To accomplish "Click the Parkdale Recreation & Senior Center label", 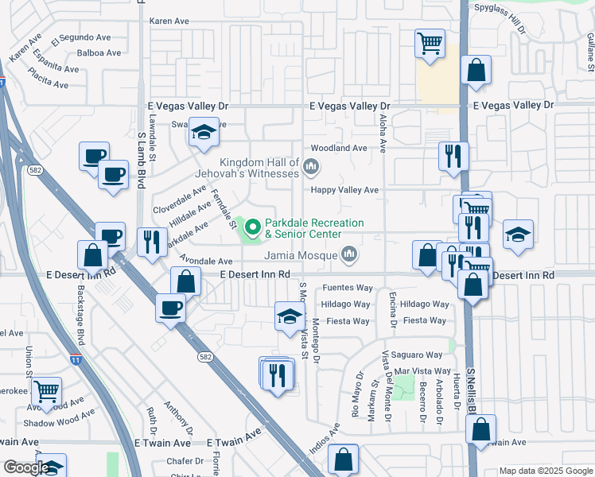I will pyautogui.click(x=313, y=229).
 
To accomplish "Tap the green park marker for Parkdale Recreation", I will pyautogui.click(x=254, y=229).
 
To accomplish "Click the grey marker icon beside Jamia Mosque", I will pyautogui.click(x=348, y=254).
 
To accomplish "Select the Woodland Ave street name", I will pyautogui.click(x=339, y=148).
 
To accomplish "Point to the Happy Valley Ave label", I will pyautogui.click(x=344, y=190).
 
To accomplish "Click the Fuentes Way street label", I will pyautogui.click(x=348, y=288).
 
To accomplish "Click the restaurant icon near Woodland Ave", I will pyautogui.click(x=453, y=154).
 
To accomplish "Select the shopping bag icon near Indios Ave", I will pyautogui.click(x=343, y=459).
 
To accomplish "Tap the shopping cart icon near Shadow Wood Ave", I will pyautogui.click(x=46, y=390).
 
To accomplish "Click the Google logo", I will pyautogui.click(x=25, y=467).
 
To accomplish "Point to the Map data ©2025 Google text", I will pyautogui.click(x=545, y=471).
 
